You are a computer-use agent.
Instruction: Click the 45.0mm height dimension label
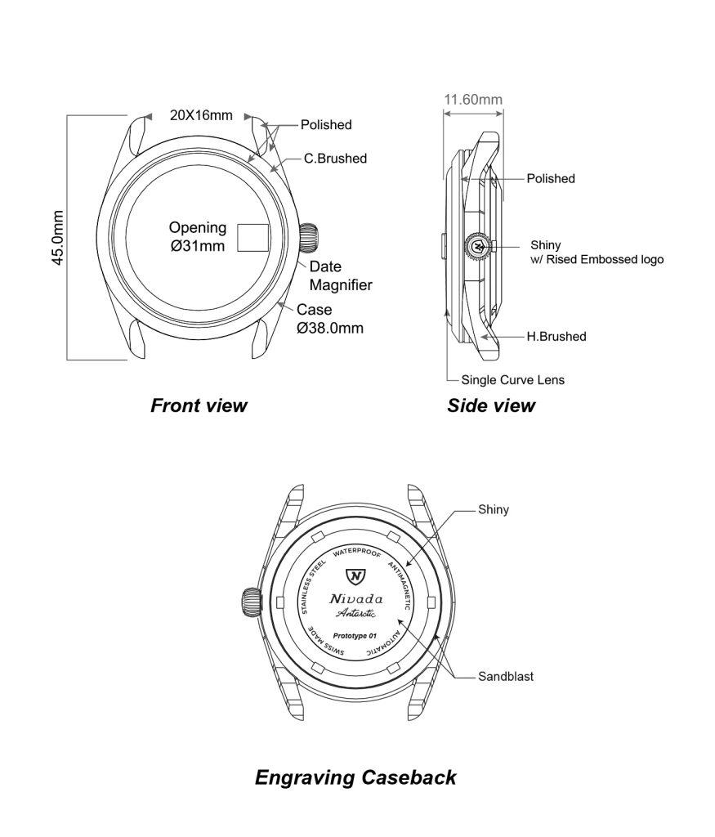tap(58, 238)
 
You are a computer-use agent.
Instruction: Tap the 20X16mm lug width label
tap(201, 115)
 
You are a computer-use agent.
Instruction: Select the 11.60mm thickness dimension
tap(472, 100)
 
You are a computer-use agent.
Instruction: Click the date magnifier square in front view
tap(253, 237)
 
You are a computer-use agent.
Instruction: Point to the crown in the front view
tap(311, 238)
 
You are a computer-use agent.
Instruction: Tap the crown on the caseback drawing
tap(250, 602)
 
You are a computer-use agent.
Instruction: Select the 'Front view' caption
tap(199, 405)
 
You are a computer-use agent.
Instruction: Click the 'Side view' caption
tap(491, 405)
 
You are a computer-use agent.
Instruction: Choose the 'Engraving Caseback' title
tap(355, 777)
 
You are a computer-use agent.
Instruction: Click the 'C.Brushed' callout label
tap(335, 159)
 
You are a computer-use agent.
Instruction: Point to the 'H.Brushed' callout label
tap(556, 336)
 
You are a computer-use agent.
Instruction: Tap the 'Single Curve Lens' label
tap(512, 380)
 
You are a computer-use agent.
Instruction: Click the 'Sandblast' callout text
tap(507, 677)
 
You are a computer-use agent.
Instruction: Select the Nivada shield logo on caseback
tap(355, 576)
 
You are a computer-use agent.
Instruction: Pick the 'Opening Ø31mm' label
tap(197, 237)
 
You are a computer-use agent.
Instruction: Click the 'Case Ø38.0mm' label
tap(329, 319)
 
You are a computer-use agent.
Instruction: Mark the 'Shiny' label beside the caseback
tap(494, 510)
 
